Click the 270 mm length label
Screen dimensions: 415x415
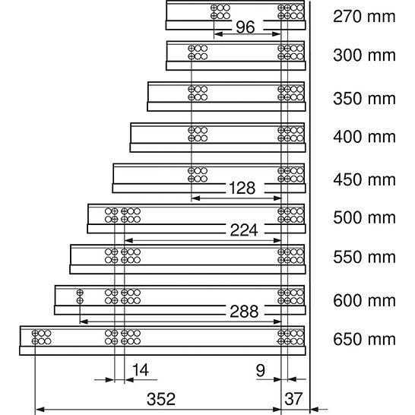364,17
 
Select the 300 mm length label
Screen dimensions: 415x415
364,55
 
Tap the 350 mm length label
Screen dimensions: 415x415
364,99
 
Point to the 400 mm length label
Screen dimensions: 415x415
364,137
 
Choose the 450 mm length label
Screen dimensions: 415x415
364,179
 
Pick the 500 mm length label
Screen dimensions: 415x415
364,217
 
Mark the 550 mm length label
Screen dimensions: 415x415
364,257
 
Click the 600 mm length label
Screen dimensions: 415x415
364,301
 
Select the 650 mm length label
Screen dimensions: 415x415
364,339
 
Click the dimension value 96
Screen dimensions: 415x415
246,27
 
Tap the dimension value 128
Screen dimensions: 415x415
242,188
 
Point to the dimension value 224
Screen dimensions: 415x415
244,230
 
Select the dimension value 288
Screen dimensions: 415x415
244,312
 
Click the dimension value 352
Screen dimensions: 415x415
161,399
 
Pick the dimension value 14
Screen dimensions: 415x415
141,369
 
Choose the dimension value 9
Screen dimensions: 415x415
261,371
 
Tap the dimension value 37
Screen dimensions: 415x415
293,399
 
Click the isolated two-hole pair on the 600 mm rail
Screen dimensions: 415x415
80,296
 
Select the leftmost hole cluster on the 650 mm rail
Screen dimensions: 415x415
41,337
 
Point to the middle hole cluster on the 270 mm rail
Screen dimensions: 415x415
220,12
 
